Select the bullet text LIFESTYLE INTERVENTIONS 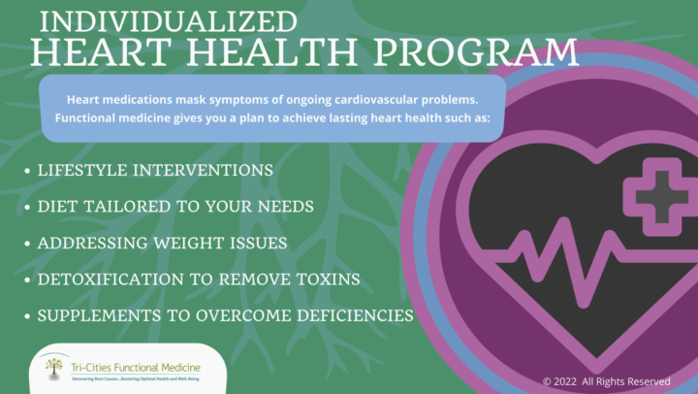point(155,170)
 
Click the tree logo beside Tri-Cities point(54,367)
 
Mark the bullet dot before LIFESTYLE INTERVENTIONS point(25,171)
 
